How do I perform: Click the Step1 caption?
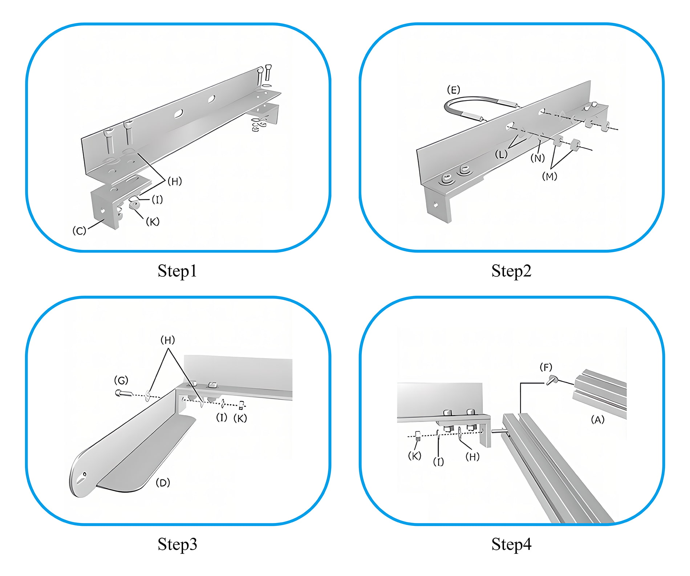click(x=177, y=271)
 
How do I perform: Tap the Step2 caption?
click(x=511, y=271)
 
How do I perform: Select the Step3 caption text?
click(x=177, y=544)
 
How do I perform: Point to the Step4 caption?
click(x=511, y=544)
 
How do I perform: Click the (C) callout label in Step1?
click(x=79, y=231)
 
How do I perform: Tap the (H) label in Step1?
click(x=175, y=181)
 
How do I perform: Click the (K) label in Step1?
click(x=153, y=222)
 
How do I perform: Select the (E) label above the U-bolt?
click(x=453, y=90)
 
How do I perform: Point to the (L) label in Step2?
click(x=501, y=155)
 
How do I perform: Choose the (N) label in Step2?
click(x=537, y=158)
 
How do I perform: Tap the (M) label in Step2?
click(x=549, y=177)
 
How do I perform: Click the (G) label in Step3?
click(x=121, y=380)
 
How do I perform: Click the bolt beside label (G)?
click(x=122, y=393)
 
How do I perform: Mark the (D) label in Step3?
click(x=163, y=483)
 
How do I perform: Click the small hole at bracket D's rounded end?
click(x=85, y=474)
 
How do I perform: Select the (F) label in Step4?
click(x=546, y=367)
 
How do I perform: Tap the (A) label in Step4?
click(x=597, y=420)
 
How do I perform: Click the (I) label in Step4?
click(x=438, y=462)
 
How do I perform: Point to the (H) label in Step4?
click(x=472, y=457)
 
